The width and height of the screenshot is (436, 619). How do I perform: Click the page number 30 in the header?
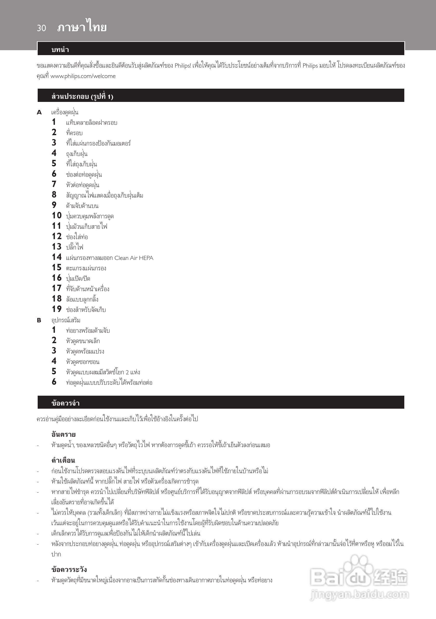coord(41,28)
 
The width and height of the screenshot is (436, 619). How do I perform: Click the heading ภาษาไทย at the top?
coord(82,27)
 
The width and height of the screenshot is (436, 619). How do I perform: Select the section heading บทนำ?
coord(60,50)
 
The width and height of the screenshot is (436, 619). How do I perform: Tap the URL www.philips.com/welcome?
coord(83,76)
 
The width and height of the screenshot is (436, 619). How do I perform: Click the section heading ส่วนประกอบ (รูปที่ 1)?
coord(82,96)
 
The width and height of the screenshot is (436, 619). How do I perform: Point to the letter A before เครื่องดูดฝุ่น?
coord(39,112)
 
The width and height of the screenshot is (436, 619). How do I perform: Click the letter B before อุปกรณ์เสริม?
coord(39,320)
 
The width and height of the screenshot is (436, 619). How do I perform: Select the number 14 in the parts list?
coord(57,257)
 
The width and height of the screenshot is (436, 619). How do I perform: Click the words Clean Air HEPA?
coord(134,258)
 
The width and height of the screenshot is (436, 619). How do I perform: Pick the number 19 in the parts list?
coord(57,309)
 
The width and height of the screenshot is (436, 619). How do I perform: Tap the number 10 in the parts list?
coord(57,216)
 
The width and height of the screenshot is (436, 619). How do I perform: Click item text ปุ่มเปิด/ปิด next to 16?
coord(78,278)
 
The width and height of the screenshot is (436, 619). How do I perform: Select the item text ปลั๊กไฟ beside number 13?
coord(75,247)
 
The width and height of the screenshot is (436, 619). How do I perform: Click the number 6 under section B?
coord(54,382)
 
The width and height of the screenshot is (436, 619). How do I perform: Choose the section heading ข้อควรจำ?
coord(65,403)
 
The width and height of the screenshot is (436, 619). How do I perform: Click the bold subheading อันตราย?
coord(63,434)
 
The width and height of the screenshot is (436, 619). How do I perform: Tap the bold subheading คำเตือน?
coord(63,460)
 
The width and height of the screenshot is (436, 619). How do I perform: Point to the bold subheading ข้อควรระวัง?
coord(69,569)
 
